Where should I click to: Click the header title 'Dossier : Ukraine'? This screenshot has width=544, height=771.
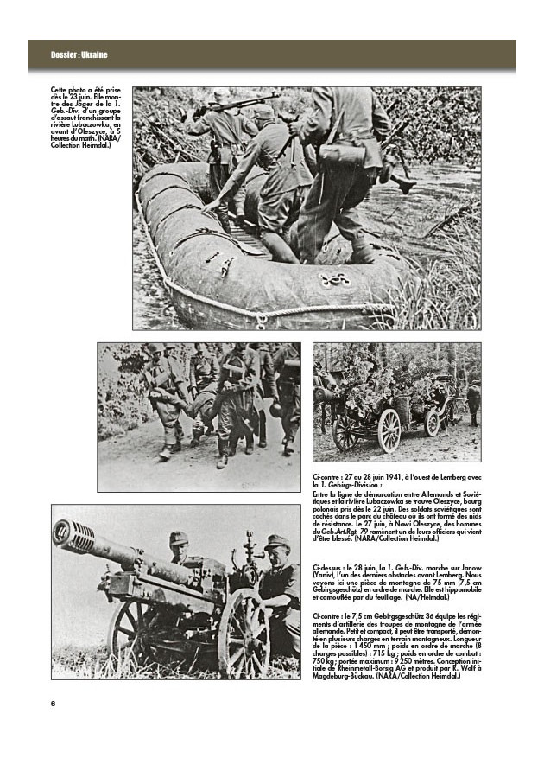click(x=79, y=56)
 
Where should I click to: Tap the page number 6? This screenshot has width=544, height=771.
click(x=54, y=703)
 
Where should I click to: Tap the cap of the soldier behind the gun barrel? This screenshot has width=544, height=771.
click(x=179, y=538)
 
